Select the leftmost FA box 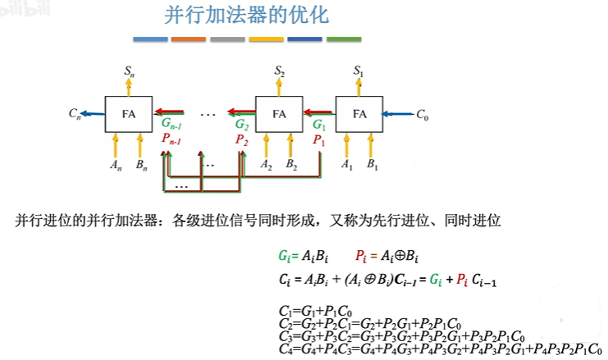pos(130,114)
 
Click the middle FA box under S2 pos(280,114)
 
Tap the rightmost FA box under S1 pos(359,114)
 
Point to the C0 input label pos(423,115)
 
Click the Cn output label pos(74,115)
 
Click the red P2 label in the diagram pos(241,140)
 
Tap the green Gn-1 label pos(172,125)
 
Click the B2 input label pos(292,165)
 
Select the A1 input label pos(346,165)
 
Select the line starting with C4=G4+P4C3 pos(440,349)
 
